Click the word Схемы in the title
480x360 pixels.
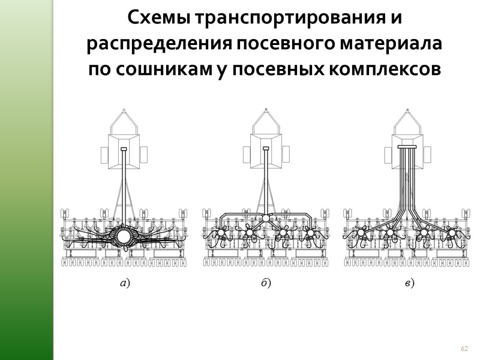tap(156, 20)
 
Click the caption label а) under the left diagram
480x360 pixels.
tap(124, 283)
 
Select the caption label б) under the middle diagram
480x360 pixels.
tap(266, 283)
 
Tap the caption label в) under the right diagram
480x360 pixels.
tap(408, 283)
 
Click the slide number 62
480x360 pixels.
tap(464, 349)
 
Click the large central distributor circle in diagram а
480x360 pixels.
tap(124, 236)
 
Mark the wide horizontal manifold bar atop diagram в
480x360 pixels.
tap(407, 147)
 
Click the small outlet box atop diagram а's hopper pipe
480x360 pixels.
tap(124, 148)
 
